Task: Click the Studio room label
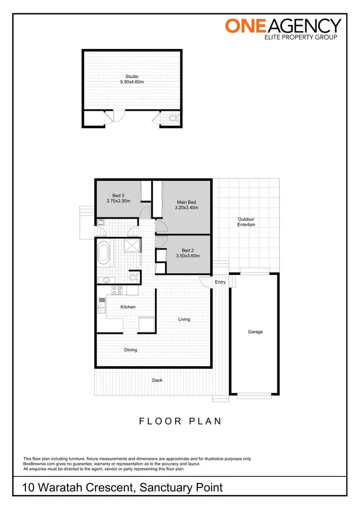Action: point(132,76)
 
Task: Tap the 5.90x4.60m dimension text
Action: point(132,82)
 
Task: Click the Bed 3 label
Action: point(119,195)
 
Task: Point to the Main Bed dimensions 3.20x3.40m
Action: point(187,208)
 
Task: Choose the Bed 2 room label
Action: point(187,250)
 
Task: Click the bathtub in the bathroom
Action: point(104,253)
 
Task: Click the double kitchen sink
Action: point(102,305)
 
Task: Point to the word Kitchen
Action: point(128,307)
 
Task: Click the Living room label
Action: point(184,319)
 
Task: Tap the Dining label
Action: point(131,350)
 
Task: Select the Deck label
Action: point(157,380)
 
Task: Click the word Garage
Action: point(255,331)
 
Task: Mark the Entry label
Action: point(220,282)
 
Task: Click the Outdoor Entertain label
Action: point(246,222)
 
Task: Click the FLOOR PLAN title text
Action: point(180,421)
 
